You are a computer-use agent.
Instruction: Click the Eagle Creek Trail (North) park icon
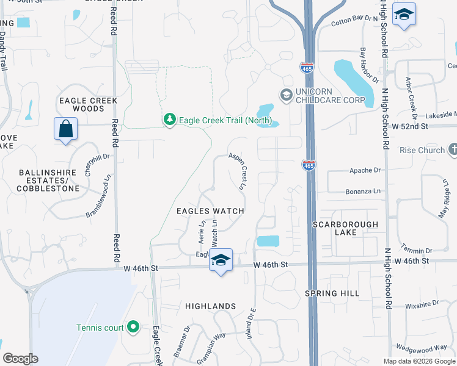click(170, 120)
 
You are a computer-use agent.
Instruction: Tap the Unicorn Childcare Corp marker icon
click(285, 95)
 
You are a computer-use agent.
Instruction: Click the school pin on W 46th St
click(221, 261)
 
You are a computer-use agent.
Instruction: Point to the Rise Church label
click(422, 150)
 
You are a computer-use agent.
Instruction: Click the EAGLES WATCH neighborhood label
click(210, 211)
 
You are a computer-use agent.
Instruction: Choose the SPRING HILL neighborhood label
click(332, 293)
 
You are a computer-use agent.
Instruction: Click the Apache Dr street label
click(365, 170)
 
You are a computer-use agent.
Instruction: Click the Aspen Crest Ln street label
click(237, 170)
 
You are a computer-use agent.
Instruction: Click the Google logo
click(21, 359)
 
